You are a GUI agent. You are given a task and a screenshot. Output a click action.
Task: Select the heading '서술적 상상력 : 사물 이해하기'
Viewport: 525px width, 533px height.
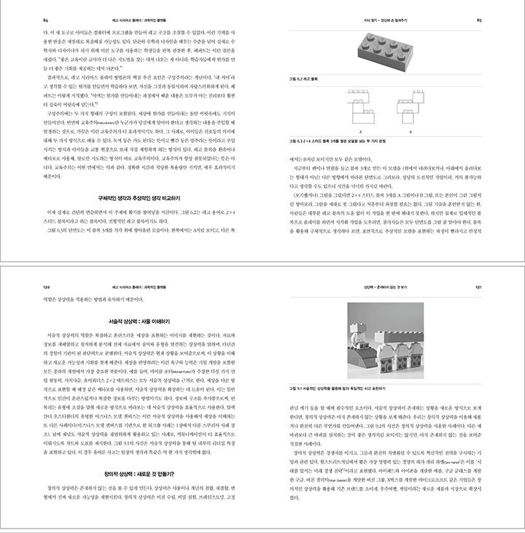[x=132, y=319]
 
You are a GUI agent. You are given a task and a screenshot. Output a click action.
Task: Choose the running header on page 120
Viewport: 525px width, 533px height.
[x=132, y=287]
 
